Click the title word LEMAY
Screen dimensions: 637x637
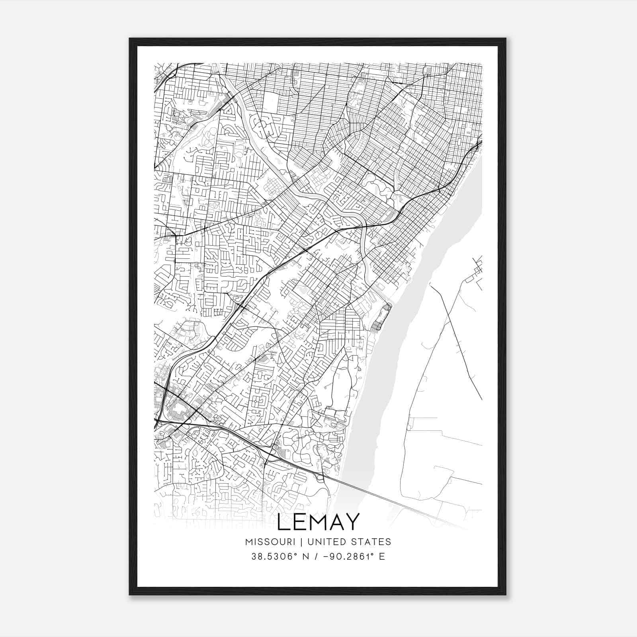pyautogui.click(x=318, y=522)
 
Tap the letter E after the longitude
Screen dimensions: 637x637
pyautogui.click(x=382, y=556)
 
